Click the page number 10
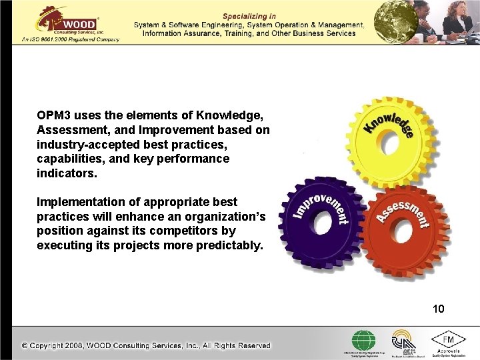[x=438, y=309]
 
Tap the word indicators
[x=65, y=173]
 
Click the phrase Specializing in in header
[x=248, y=15]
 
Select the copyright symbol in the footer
[x=25, y=345]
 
